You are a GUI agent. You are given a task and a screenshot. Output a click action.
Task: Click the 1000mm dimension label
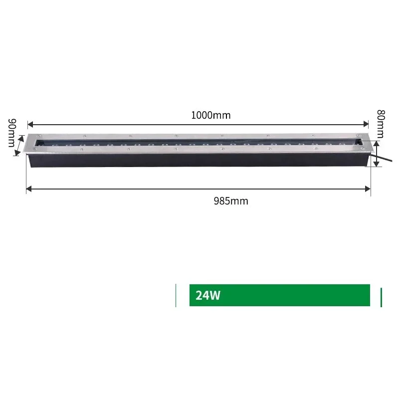(x=210, y=115)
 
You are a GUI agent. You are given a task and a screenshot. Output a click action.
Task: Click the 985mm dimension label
(x=231, y=201)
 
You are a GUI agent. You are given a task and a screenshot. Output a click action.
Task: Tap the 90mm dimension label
(x=12, y=133)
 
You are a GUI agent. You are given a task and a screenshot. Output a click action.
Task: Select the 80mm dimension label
(x=381, y=124)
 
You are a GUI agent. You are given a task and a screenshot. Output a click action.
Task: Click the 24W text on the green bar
(x=207, y=295)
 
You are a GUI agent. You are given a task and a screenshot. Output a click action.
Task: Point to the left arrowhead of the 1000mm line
(x=30, y=124)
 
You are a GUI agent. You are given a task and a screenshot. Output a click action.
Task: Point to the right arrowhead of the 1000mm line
(x=366, y=124)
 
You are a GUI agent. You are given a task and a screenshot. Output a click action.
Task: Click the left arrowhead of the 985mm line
(x=29, y=189)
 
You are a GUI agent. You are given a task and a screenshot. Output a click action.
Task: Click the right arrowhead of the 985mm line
(x=368, y=189)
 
